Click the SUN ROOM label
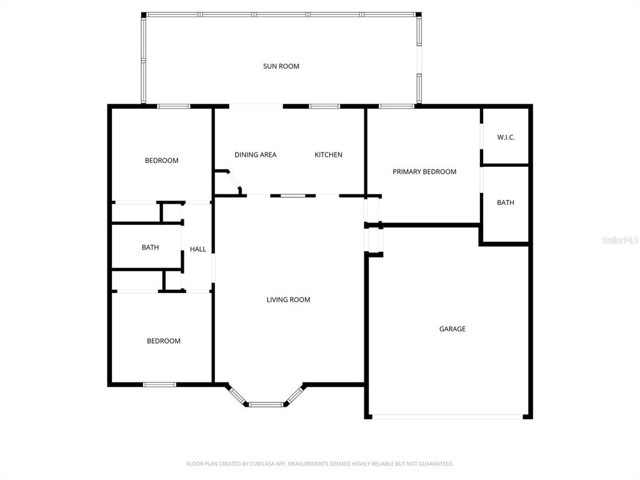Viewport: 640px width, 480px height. [281, 66]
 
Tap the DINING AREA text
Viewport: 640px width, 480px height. [255, 155]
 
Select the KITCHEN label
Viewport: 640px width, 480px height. [328, 155]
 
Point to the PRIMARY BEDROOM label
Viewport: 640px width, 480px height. [424, 172]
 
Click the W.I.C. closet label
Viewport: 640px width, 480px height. [506, 137]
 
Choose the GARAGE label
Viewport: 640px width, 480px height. [452, 329]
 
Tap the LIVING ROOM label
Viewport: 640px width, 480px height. [288, 299]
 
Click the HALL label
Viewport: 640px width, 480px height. [198, 249]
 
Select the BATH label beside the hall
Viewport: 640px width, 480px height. [150, 247]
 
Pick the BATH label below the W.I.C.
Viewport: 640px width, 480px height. [505, 202]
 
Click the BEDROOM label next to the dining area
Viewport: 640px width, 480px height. [162, 161]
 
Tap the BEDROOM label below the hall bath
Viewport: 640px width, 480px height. [164, 341]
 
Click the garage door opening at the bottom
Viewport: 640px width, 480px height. [447, 417]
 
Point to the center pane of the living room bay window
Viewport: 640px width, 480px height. [266, 404]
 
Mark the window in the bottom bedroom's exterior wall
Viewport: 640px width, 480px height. [159, 384]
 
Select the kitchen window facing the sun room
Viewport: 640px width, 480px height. [324, 106]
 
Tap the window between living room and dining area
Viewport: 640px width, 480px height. [293, 196]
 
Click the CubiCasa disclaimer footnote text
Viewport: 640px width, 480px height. [320, 464]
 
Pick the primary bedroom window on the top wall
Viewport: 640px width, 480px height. [396, 106]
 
